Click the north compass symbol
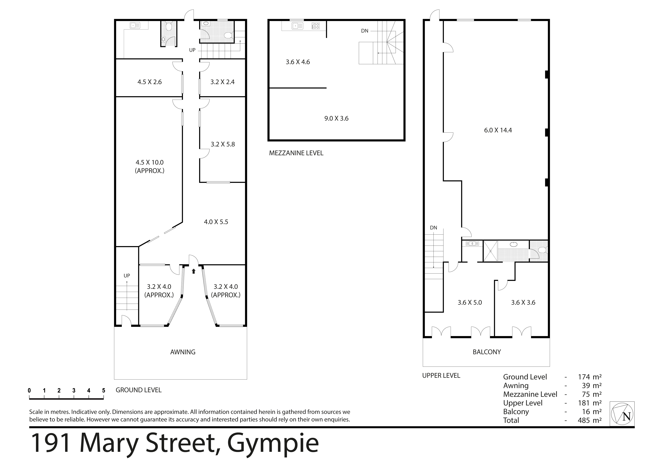(x=622, y=414)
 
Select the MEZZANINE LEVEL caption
(x=296, y=153)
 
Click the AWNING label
(x=183, y=352)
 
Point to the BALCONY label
(x=487, y=352)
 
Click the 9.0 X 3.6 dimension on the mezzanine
(x=336, y=118)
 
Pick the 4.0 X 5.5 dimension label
(x=216, y=222)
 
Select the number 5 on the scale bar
(x=104, y=390)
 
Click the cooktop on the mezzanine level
(x=316, y=26)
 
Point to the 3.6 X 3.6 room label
(x=523, y=302)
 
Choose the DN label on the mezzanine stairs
(x=365, y=31)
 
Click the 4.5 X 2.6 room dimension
(x=150, y=82)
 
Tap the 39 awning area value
(x=586, y=386)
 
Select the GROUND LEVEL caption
(x=139, y=390)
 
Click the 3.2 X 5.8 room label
(x=223, y=144)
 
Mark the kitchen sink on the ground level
(x=135, y=25)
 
